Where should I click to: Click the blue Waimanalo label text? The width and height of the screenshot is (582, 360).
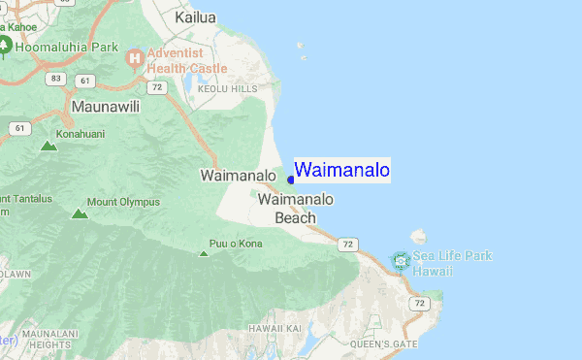tap(342, 171)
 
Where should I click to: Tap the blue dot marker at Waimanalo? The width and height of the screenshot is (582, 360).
tap(291, 180)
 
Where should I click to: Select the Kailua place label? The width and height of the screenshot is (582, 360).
tap(195, 16)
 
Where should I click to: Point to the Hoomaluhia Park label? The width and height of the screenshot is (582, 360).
tap(66, 46)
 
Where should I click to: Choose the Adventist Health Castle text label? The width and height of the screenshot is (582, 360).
tap(187, 60)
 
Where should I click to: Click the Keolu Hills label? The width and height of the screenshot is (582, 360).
tap(228, 88)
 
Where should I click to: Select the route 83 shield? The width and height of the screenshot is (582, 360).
tap(57, 78)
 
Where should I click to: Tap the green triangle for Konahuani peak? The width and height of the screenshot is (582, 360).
tap(48, 147)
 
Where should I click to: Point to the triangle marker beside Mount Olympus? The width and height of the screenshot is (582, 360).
tap(79, 213)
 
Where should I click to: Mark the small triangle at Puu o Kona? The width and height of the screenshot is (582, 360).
tap(204, 253)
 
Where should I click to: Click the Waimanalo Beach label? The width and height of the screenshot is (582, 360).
tap(296, 209)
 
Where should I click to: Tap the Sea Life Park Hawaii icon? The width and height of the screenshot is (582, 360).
tap(400, 260)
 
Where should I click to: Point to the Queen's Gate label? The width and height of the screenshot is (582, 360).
tap(383, 344)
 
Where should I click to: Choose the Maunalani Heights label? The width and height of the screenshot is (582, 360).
tap(46, 338)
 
